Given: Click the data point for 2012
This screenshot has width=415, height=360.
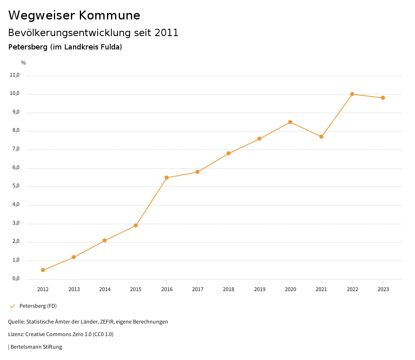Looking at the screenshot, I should (x=43, y=270).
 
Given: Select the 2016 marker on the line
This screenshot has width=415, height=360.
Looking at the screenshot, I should (x=167, y=178).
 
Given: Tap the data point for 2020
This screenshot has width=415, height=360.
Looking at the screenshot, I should (x=290, y=122).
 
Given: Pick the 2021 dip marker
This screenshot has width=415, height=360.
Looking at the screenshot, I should (x=321, y=137).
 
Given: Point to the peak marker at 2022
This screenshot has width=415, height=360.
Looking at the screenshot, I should (x=352, y=94).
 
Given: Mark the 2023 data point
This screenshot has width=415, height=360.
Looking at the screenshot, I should (x=383, y=98).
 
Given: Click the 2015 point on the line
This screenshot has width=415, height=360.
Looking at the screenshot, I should (x=136, y=225).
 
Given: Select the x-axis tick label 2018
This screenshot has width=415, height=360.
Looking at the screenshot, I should (x=229, y=289).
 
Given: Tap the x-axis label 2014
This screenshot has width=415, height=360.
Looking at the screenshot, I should (x=105, y=289).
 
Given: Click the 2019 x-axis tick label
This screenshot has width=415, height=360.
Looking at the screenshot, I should (x=259, y=289).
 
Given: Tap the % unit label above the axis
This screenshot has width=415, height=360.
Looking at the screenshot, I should (x=24, y=63).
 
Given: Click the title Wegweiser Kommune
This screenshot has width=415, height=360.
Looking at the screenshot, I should (x=74, y=15).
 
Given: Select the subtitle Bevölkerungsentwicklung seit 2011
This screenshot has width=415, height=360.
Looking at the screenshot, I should (x=93, y=33).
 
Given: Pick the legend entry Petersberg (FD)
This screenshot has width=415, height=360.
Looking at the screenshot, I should (x=38, y=306).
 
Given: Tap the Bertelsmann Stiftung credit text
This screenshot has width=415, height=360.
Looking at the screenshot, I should (x=36, y=347).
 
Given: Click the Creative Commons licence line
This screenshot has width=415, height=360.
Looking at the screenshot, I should (x=61, y=334).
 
